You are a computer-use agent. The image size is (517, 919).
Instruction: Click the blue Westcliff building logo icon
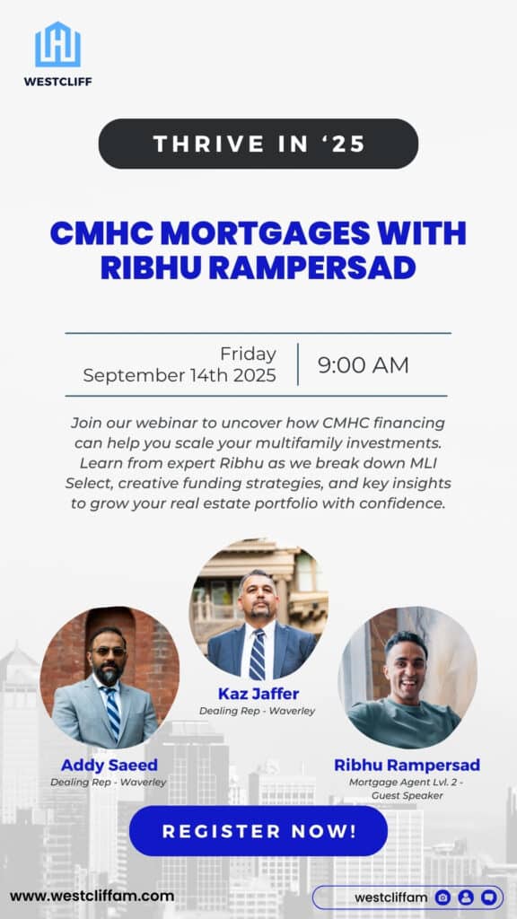(57, 45)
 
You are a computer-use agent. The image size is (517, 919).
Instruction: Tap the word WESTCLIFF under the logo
(57, 81)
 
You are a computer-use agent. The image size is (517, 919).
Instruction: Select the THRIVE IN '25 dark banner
(258, 144)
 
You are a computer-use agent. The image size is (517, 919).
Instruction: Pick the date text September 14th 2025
(180, 375)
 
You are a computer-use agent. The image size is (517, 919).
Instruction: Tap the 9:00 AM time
(364, 365)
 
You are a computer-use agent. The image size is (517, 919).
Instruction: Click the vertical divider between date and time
(297, 364)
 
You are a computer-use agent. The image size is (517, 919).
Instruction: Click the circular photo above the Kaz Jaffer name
(258, 608)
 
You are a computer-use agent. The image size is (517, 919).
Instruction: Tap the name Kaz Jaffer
(258, 694)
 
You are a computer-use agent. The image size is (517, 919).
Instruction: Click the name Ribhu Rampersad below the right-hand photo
(407, 766)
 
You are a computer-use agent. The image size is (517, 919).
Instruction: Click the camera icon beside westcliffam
(443, 897)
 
